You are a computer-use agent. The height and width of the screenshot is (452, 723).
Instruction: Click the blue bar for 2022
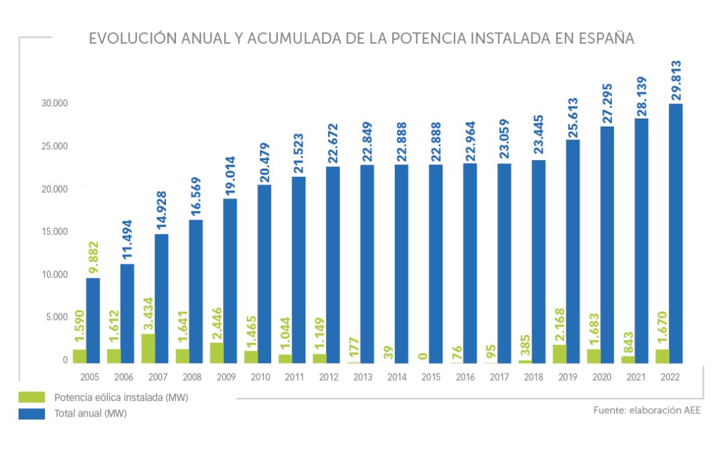point(675,233)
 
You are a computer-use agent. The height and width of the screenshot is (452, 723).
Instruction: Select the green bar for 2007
point(148,348)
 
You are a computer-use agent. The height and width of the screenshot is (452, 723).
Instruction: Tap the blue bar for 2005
point(93,320)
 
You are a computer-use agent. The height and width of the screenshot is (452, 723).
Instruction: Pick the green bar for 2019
point(559,354)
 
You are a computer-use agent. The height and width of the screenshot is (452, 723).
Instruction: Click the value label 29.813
point(675,80)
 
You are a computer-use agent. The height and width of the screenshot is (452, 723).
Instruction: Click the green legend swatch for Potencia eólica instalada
point(31,397)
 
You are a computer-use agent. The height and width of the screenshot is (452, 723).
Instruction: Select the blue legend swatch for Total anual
point(31,413)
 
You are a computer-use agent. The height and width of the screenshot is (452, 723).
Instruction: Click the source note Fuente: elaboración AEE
point(647,410)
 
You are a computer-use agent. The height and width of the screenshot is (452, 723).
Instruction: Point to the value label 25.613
point(572,117)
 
